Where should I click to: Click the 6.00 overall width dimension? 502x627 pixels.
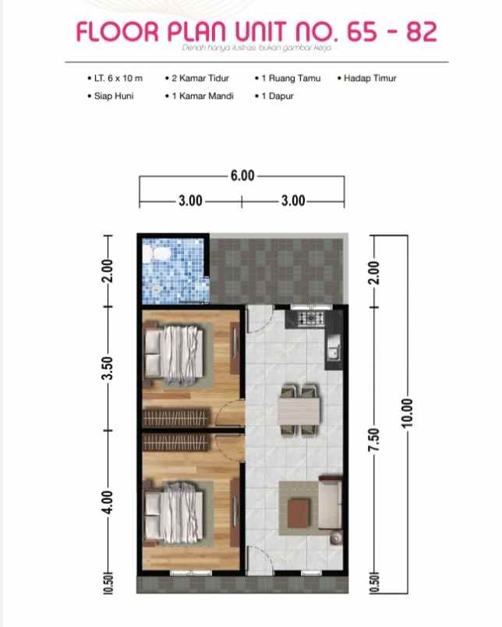pyautogui.click(x=242, y=176)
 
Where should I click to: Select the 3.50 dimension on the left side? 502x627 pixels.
pyautogui.click(x=110, y=368)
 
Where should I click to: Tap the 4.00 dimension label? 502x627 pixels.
pyautogui.click(x=110, y=500)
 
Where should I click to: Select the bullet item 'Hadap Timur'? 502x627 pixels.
pyautogui.click(x=369, y=79)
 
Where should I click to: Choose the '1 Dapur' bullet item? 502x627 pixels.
pyautogui.click(x=277, y=97)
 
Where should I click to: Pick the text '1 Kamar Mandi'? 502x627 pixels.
pyautogui.click(x=202, y=97)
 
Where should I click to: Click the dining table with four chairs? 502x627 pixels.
pyautogui.click(x=299, y=409)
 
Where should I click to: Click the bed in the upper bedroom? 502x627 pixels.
pyautogui.click(x=179, y=354)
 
